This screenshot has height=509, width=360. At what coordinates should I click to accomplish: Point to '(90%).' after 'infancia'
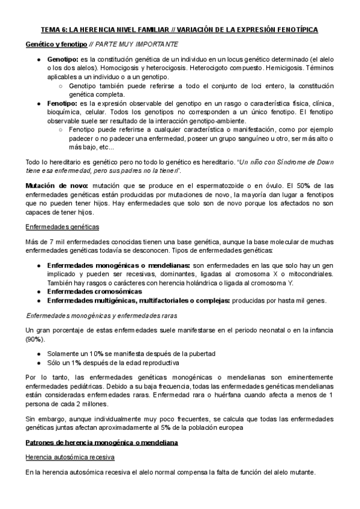tap(35, 340)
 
